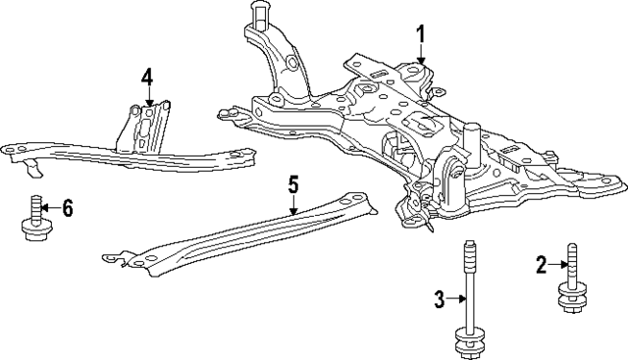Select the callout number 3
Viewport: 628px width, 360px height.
coord(440,297)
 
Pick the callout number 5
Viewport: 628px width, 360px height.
coord(292,183)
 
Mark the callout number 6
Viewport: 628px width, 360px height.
coord(67,207)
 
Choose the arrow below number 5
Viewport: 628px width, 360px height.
coord(292,203)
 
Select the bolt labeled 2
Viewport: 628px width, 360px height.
coord(569,283)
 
